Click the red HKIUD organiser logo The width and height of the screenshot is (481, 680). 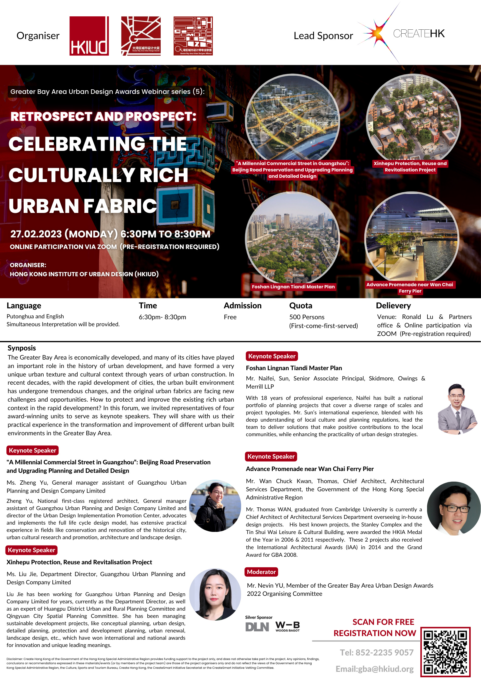click(x=89, y=36)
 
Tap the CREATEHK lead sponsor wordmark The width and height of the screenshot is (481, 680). click(x=419, y=34)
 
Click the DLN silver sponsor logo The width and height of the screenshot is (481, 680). click(x=257, y=627)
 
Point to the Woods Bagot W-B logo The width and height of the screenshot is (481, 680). click(x=287, y=626)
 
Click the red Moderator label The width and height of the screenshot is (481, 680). click(x=261, y=572)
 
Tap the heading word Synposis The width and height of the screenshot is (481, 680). click(x=22, y=348)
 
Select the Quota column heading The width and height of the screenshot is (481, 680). click(x=301, y=306)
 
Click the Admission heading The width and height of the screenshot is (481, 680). click(x=242, y=306)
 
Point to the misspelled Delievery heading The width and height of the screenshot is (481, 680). click(x=393, y=306)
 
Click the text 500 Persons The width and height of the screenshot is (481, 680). click(x=307, y=317)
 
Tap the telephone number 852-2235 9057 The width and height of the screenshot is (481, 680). click(x=384, y=652)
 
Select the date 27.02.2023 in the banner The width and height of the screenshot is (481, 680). click(x=36, y=234)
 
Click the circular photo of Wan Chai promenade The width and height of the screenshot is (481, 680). click(x=412, y=238)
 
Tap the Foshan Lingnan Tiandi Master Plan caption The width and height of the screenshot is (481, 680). click(x=293, y=287)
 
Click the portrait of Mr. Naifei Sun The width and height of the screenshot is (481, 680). click(x=457, y=409)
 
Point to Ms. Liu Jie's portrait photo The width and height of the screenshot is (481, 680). click(x=215, y=594)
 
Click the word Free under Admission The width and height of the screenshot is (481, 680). click(x=230, y=317)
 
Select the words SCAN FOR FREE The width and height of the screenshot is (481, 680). click(x=383, y=622)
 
